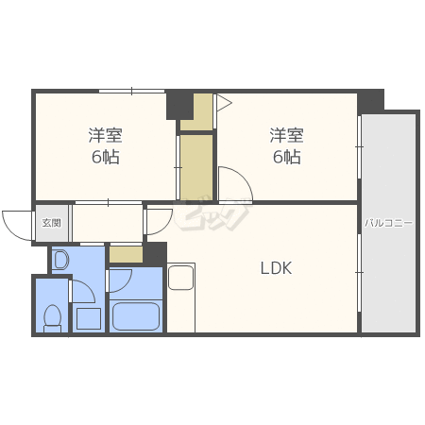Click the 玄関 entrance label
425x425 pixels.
(x=52, y=223)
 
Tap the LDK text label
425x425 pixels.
(x=276, y=268)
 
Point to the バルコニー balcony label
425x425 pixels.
(x=388, y=223)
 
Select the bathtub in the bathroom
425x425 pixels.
(x=136, y=316)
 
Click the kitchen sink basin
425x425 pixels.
(x=180, y=278)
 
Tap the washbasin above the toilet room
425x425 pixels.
(x=60, y=260)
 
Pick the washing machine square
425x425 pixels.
(x=89, y=318)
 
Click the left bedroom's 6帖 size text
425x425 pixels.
(x=106, y=157)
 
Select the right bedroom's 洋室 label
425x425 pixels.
(x=286, y=135)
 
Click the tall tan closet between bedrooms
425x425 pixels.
(x=196, y=167)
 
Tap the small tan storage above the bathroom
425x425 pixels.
(x=126, y=254)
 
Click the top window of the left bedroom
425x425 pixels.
(x=131, y=91)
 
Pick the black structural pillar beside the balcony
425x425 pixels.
(x=370, y=101)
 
